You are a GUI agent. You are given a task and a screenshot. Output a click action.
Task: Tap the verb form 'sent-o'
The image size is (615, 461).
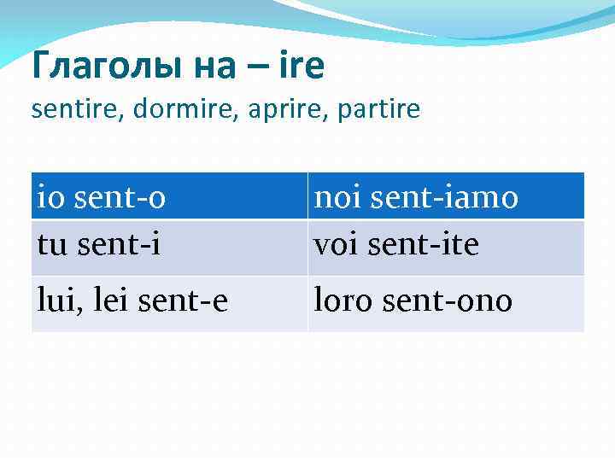120,197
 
